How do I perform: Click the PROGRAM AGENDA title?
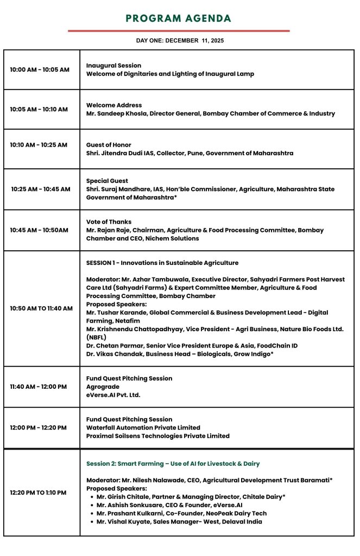pos(179,18)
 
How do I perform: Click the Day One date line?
pos(180,41)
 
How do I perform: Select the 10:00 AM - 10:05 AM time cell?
pos(40,69)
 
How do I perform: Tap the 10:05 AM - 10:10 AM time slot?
pos(39,109)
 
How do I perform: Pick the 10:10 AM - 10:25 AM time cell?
pos(39,145)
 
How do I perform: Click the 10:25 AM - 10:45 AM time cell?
pos(41,189)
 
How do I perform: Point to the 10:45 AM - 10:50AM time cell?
pos(39,230)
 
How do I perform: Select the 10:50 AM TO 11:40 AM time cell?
pos(41,308)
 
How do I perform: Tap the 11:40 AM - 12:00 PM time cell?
pos(39,387)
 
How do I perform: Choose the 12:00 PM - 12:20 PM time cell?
pos(39,428)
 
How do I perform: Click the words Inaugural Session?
pos(113,66)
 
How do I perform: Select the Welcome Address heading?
pos(114,105)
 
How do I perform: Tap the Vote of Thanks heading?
pos(109,222)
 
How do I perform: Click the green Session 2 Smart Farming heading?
pos(173,464)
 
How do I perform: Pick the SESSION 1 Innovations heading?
pos(162,263)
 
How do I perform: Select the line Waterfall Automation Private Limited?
pos(143,428)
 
